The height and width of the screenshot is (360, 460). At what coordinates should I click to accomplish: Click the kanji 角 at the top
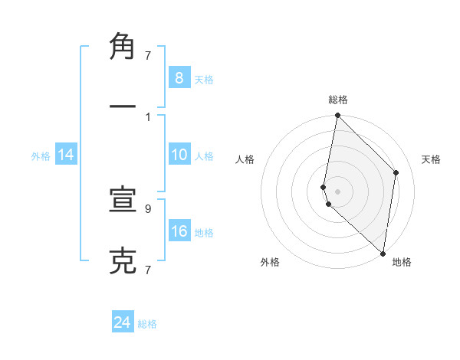[123, 47]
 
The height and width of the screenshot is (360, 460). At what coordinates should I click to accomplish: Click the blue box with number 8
[179, 77]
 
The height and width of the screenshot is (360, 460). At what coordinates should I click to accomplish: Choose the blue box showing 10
[179, 155]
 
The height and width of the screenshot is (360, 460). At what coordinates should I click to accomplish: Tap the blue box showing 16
[179, 231]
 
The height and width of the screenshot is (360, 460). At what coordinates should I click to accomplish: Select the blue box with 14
[66, 155]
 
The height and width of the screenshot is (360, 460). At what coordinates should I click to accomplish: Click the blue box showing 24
[123, 322]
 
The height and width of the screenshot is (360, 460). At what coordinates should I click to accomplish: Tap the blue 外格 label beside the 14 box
[41, 156]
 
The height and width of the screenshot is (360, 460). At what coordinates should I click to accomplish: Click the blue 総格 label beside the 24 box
[147, 324]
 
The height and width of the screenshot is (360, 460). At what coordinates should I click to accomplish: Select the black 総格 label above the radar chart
[338, 100]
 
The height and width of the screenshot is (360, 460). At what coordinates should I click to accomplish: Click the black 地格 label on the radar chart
[402, 262]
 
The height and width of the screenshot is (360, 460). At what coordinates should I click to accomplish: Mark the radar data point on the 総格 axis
[337, 116]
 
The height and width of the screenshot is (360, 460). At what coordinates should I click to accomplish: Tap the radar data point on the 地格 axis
[383, 253]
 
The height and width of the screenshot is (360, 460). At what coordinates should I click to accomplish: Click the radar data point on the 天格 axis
[396, 172]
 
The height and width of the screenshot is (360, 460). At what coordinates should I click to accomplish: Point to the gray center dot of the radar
[337, 191]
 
